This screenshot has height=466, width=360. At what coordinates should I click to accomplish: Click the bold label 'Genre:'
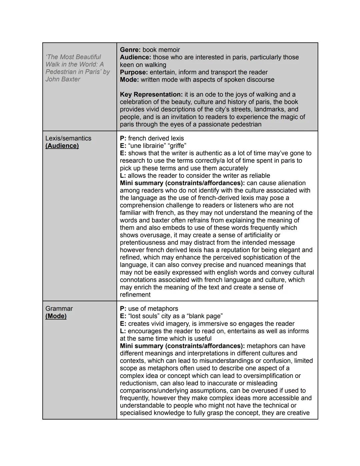coord(130,50)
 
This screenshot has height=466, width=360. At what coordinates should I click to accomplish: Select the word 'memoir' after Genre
coord(168,50)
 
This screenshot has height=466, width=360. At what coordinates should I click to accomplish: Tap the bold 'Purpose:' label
coord(134,72)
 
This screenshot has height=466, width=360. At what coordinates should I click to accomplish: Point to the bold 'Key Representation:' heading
coord(151,95)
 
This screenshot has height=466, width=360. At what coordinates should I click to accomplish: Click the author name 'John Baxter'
coord(63,79)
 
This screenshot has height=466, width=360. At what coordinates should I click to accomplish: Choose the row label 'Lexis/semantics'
coord(68,138)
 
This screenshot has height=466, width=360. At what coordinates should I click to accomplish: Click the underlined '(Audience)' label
coord(62,146)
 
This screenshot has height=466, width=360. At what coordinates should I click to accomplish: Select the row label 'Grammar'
coord(59,309)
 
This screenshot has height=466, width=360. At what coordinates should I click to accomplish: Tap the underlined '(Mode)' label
coord(56,316)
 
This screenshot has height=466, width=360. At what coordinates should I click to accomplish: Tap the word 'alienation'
coord(290,183)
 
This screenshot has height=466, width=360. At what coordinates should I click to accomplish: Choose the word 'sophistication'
coord(256,258)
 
